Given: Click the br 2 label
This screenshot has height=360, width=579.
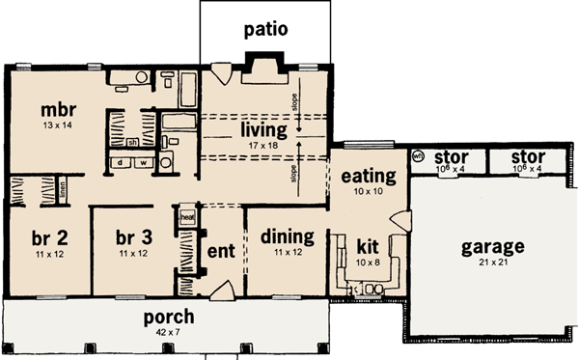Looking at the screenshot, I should point(42,237).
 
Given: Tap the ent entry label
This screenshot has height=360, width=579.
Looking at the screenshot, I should point(220,248).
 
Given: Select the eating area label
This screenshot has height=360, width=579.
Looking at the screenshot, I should point(369,176).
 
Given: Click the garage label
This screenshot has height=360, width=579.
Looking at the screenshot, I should point(492,246).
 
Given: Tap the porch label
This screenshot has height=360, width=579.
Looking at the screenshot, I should point(169,317).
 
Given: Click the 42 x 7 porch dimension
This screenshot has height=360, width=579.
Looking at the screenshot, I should point(169,333).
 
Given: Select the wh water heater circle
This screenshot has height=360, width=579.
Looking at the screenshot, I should point(419,156).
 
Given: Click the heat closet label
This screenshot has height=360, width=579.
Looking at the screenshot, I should point(187,218).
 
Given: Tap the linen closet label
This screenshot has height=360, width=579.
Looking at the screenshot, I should point(60,192).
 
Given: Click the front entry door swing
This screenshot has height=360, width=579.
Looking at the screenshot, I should point(221,289).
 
